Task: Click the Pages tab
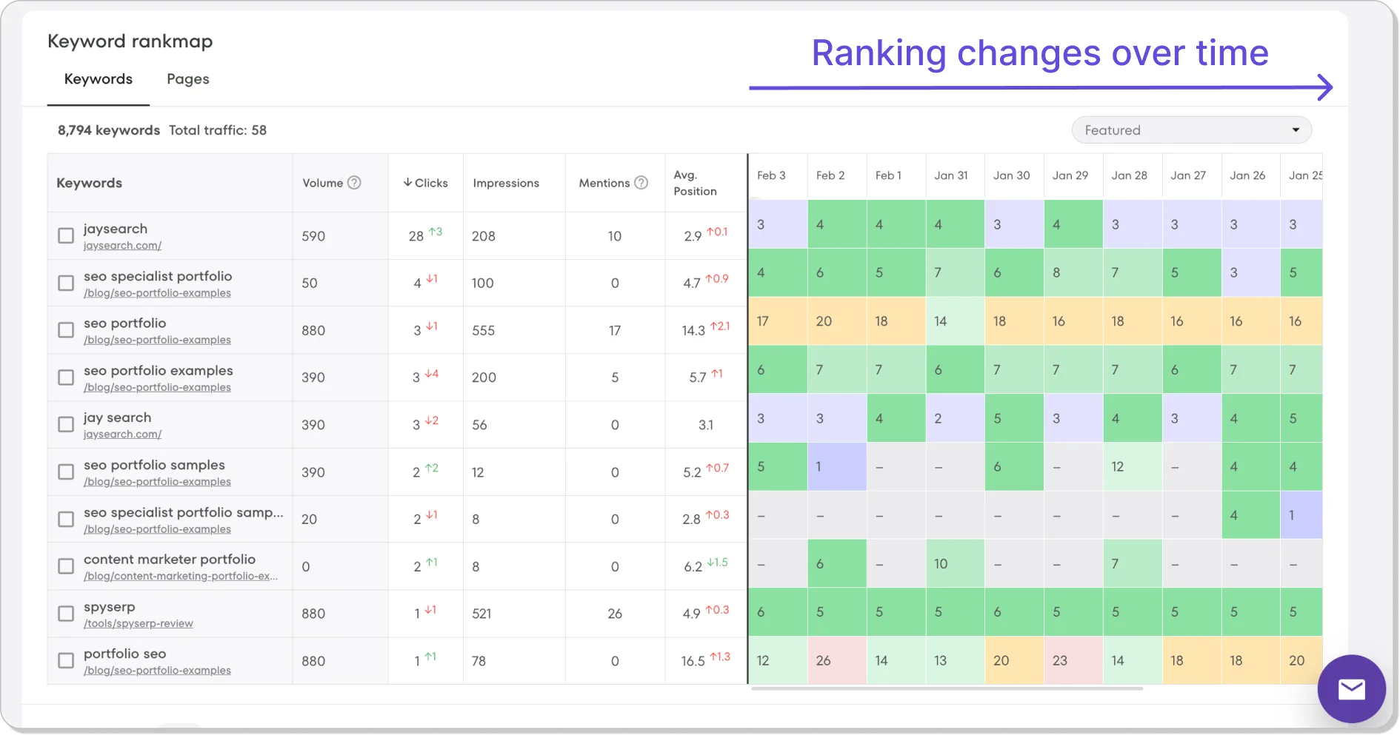(187, 79)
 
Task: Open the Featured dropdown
(1191, 130)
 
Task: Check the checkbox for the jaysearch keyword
(66, 235)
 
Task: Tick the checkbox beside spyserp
(66, 614)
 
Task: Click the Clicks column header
(426, 183)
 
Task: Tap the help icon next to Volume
(354, 183)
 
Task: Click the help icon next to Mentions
(641, 183)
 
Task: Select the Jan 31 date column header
(951, 175)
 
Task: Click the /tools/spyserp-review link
(139, 623)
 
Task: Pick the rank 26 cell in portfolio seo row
(824, 660)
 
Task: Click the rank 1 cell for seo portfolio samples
(819, 467)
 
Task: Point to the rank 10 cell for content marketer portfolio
(941, 564)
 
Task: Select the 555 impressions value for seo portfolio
(483, 330)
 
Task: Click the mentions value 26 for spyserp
(615, 614)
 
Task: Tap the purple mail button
(1351, 689)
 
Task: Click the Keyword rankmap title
(130, 41)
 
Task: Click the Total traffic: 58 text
(218, 130)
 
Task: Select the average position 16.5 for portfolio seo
(693, 661)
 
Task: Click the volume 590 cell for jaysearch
(313, 236)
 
